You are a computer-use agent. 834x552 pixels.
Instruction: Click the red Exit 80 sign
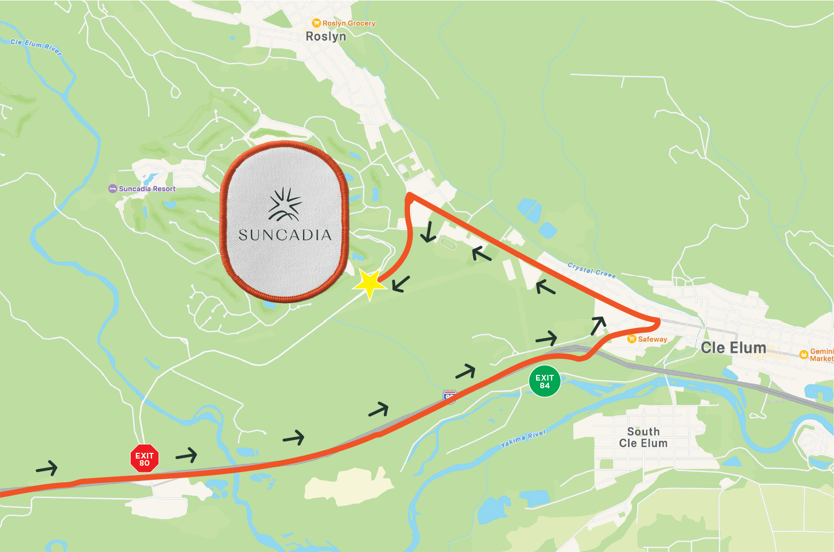(145, 459)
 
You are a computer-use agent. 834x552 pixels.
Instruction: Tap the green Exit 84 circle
(544, 382)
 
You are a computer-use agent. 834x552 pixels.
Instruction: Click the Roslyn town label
(326, 37)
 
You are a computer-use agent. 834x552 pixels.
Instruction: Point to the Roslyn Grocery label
(349, 23)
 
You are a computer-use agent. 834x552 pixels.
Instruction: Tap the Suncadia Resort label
(147, 189)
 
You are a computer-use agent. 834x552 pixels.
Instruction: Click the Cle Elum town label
(733, 348)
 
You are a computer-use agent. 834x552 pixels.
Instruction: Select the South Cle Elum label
(643, 437)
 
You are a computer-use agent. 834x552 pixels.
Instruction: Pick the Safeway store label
(652, 339)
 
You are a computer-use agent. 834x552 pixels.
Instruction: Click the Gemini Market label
(821, 355)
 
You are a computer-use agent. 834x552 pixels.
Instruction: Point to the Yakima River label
(523, 438)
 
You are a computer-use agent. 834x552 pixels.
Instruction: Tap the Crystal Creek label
(592, 270)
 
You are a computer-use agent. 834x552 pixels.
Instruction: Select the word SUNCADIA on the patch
(285, 235)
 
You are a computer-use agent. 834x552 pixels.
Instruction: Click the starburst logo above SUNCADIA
(285, 204)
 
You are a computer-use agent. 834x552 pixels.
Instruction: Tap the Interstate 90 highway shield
(450, 397)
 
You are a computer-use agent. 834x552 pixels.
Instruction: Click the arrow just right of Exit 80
(187, 455)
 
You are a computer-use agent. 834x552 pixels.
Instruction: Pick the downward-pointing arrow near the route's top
(428, 232)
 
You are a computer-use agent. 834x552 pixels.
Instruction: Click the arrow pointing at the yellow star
(401, 283)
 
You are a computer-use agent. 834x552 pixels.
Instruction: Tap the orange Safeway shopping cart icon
(631, 339)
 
